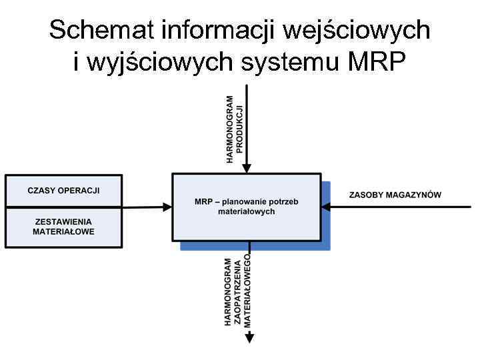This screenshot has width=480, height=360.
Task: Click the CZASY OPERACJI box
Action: tap(63, 191)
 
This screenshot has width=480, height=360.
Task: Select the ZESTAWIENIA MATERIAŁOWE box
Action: tap(63, 227)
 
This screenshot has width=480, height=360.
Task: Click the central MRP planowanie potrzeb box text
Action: tap(246, 206)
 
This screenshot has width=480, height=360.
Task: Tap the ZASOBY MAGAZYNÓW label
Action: tap(395, 195)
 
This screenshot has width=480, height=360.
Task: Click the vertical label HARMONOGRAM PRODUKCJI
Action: tap(235, 129)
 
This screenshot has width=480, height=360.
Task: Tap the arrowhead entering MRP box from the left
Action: tap(167, 207)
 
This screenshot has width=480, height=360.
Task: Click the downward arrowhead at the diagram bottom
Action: tap(249, 338)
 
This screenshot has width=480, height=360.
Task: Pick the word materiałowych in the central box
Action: tap(246, 211)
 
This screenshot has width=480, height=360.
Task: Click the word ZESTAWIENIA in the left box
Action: tap(63, 222)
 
